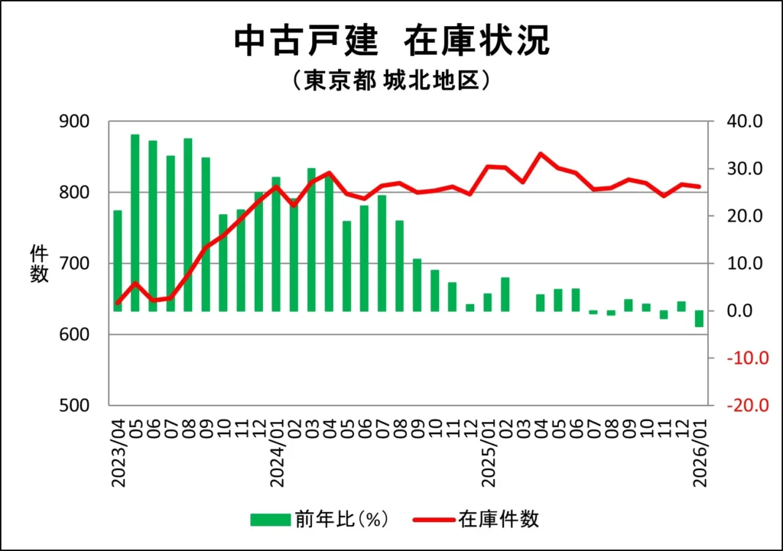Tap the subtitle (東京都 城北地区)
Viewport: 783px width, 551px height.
pos(391,80)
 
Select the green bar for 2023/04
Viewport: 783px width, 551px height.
pos(118,260)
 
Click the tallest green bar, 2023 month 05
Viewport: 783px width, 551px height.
pos(135,222)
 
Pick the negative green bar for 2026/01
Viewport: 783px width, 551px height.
pos(699,319)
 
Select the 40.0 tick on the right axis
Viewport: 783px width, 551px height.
pos(746,122)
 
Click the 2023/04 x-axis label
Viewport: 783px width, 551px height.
pos(119,450)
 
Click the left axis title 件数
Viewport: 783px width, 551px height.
pos(39,264)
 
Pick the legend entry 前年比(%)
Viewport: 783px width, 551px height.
pos(321,520)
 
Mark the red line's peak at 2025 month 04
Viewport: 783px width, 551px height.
pos(541,154)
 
